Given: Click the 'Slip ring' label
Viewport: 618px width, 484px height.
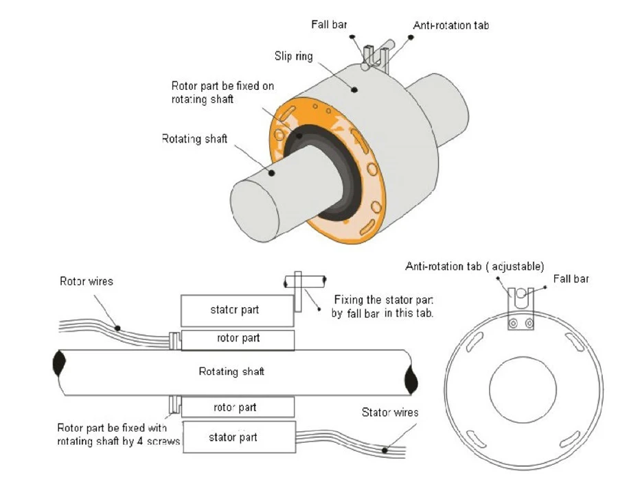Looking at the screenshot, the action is pos(294,56).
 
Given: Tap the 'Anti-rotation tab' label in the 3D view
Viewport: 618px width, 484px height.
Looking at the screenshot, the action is pos(451,25).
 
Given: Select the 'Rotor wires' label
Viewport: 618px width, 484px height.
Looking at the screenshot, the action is pos(87,281).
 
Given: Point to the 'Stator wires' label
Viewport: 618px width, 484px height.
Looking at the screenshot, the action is pos(390,413).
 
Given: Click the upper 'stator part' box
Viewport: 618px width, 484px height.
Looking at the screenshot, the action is pos(238,311).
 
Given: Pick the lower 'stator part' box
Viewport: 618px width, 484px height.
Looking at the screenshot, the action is pos(239,437).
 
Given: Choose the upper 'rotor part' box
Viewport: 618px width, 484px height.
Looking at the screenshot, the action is pos(238,340).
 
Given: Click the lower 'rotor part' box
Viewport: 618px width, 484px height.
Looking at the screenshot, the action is pos(238,407).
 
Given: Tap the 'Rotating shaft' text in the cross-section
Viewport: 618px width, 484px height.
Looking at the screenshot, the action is pos(231,372).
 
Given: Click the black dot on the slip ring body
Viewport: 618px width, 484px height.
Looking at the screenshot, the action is pos(354,90).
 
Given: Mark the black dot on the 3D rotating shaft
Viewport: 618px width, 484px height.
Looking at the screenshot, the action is pos(271,173).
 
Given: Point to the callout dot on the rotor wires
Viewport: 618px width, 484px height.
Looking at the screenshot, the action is pos(117,328).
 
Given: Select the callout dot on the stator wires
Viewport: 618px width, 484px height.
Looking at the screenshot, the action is pos(385,450).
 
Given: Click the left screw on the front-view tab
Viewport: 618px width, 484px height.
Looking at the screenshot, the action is pos(513,324).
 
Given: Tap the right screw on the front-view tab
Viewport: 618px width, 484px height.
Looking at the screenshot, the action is pos(529,324).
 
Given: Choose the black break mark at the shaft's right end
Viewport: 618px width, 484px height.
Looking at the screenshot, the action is pos(411,379).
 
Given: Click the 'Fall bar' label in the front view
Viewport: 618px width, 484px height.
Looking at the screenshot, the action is pos(571,279).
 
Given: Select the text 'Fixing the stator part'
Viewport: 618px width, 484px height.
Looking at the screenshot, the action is pos(383,300).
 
